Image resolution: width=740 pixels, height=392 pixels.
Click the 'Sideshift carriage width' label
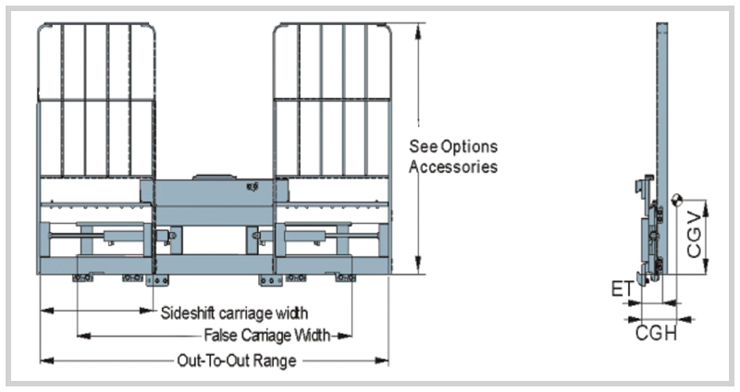coord(234,312)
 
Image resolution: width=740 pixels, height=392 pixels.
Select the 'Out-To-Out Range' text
coord(236,361)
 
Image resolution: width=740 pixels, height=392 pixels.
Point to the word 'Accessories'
coord(453,167)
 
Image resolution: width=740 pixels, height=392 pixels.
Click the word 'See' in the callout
coord(424,147)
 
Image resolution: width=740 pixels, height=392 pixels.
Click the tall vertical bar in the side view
coord(662,111)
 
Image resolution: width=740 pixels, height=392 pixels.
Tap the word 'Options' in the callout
coord(471,147)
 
